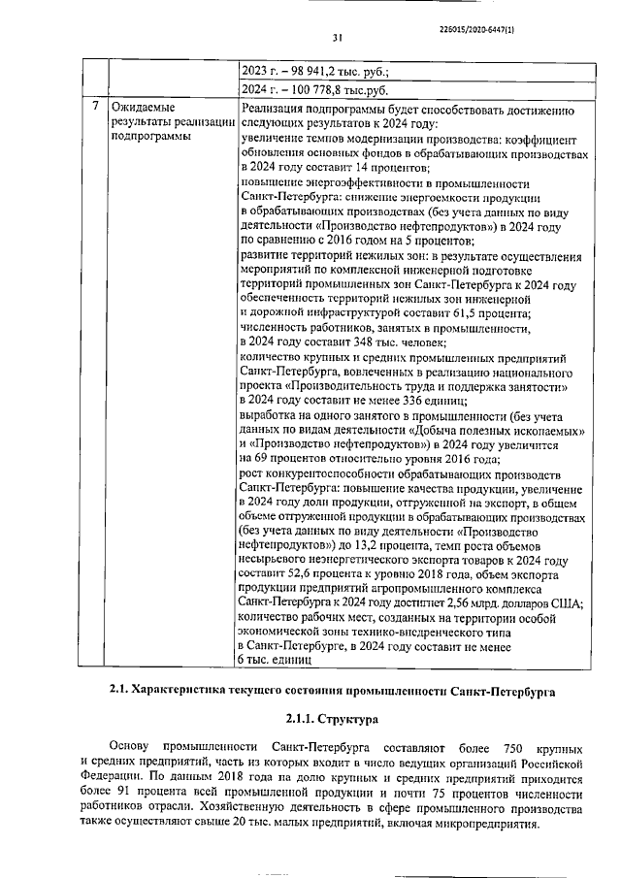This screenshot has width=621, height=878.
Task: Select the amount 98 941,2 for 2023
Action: pyautogui.click(x=310, y=71)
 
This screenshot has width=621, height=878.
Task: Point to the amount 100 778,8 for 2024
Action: pyautogui.click(x=313, y=90)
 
